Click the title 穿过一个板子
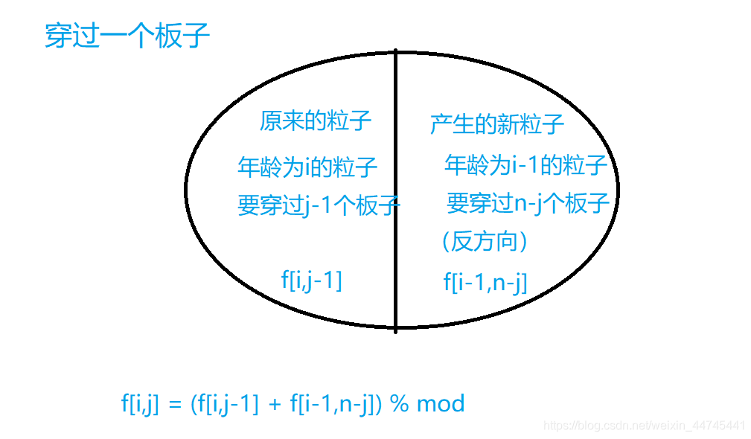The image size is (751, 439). [127, 35]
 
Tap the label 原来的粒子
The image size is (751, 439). [315, 120]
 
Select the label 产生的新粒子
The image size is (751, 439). [496, 124]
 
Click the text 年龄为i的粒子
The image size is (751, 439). [307, 166]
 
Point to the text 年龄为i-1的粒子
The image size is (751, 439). [525, 164]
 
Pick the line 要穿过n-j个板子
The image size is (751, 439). [528, 202]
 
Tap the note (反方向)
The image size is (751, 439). [484, 241]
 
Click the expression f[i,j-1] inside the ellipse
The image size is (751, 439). [311, 281]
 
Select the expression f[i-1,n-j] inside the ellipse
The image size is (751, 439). [485, 282]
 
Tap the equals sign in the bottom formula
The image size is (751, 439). [175, 405]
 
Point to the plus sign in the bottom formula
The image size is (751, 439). [274, 405]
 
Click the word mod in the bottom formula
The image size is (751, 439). [441, 404]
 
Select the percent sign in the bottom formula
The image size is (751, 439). [400, 404]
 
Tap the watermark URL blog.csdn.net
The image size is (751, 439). [644, 426]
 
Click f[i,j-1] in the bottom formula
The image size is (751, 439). [226, 404]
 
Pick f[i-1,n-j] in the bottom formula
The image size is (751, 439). [333, 404]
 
